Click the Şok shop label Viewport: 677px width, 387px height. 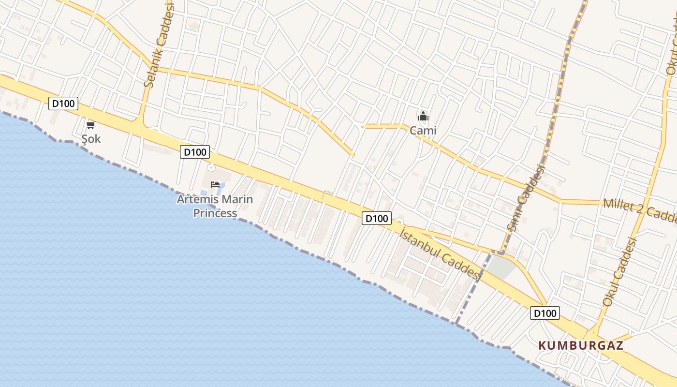[x=91, y=139]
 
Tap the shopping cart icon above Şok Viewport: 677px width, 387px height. [x=90, y=125]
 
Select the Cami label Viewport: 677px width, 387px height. [x=423, y=130]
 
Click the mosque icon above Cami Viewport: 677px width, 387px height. [x=423, y=116]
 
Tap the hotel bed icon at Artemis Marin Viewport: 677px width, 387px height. [x=215, y=185]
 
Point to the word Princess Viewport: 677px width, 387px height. [x=215, y=213]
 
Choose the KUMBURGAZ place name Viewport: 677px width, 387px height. [x=581, y=345]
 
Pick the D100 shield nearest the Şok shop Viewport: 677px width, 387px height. [x=63, y=103]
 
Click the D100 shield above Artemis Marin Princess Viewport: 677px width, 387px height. [x=195, y=152]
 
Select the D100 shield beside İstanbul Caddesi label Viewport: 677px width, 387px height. [x=376, y=218]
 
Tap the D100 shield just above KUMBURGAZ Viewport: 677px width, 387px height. [x=545, y=313]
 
